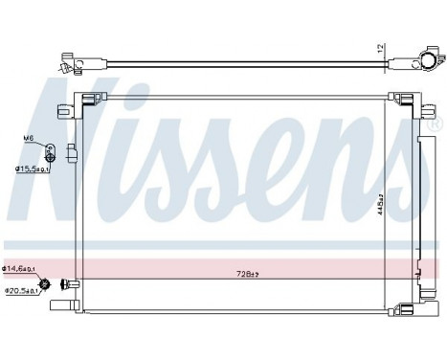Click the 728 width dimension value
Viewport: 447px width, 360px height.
pos(247,274)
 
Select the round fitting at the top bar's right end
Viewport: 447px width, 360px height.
pos(421,63)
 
